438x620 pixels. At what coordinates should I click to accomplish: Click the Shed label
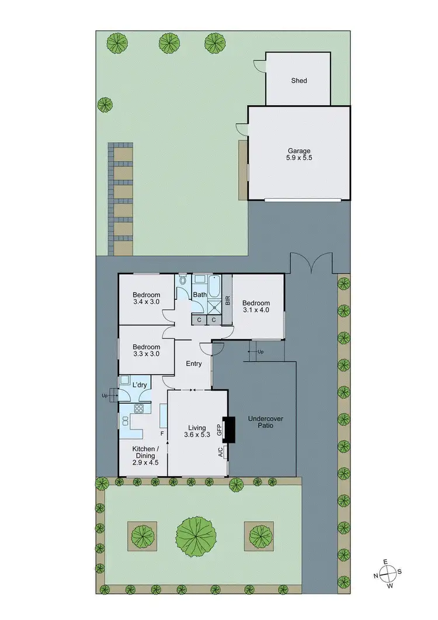299,81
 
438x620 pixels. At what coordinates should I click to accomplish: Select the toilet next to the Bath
183,281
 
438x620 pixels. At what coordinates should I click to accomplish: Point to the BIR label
227,300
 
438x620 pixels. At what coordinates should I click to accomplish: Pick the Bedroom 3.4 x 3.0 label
145,298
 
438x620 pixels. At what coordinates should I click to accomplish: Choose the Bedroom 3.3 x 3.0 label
145,349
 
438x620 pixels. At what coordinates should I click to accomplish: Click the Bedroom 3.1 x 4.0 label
256,306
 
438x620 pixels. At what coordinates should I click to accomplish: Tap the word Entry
193,363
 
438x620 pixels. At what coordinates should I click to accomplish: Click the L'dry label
140,385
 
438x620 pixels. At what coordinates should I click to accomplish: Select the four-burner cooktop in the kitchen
139,408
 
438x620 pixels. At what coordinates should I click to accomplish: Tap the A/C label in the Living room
220,452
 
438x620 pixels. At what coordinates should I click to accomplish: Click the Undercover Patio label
261,422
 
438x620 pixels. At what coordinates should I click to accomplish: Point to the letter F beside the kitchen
162,434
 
